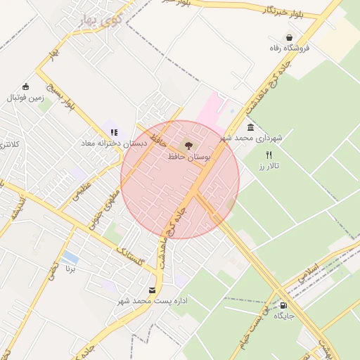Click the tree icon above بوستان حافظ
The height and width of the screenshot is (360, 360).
coord(188,146)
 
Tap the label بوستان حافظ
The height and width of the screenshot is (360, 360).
coord(188,157)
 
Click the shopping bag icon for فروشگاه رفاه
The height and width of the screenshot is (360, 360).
coord(289,37)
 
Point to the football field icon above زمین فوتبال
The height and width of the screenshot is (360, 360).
coord(26,86)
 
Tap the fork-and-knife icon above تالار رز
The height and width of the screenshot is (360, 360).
coord(268,154)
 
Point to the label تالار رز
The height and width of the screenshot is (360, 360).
coord(269,165)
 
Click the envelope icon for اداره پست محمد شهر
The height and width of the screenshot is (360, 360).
coord(153,290)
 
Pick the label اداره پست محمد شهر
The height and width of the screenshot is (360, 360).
coord(153,300)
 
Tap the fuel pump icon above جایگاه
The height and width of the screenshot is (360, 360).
coord(283,305)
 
